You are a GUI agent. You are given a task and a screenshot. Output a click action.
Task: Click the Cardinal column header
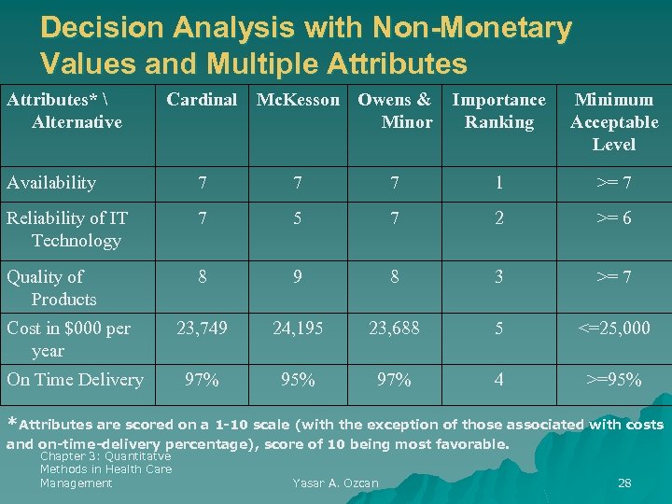(202, 100)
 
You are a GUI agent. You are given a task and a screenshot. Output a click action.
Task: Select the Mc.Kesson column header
(299, 100)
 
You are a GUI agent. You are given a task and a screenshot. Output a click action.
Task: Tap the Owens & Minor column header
(395, 111)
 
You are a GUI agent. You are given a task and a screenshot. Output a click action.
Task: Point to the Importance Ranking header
(499, 111)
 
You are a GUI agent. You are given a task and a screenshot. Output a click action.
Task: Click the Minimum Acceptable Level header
(614, 122)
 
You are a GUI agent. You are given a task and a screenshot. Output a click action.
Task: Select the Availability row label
(51, 183)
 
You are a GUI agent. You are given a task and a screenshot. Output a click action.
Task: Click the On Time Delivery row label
(75, 380)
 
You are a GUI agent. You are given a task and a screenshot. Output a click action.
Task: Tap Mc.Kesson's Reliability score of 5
(299, 218)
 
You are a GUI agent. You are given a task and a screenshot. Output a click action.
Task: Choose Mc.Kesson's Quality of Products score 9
(299, 277)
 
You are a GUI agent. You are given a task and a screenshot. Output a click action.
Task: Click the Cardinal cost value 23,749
(202, 329)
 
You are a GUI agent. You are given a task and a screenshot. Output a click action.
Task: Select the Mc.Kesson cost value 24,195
(299, 329)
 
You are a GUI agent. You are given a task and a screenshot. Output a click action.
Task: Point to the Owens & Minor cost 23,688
(394, 329)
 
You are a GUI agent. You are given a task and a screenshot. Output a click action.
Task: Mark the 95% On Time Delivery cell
(299, 380)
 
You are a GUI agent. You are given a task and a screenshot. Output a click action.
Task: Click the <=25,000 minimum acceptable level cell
(614, 329)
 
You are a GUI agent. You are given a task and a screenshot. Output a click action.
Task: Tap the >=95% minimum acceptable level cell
(614, 380)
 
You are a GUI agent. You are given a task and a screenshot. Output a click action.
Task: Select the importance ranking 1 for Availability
(499, 183)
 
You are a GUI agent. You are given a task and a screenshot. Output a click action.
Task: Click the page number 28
(624, 483)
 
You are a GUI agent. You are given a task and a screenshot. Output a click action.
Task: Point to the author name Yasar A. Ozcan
(335, 483)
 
